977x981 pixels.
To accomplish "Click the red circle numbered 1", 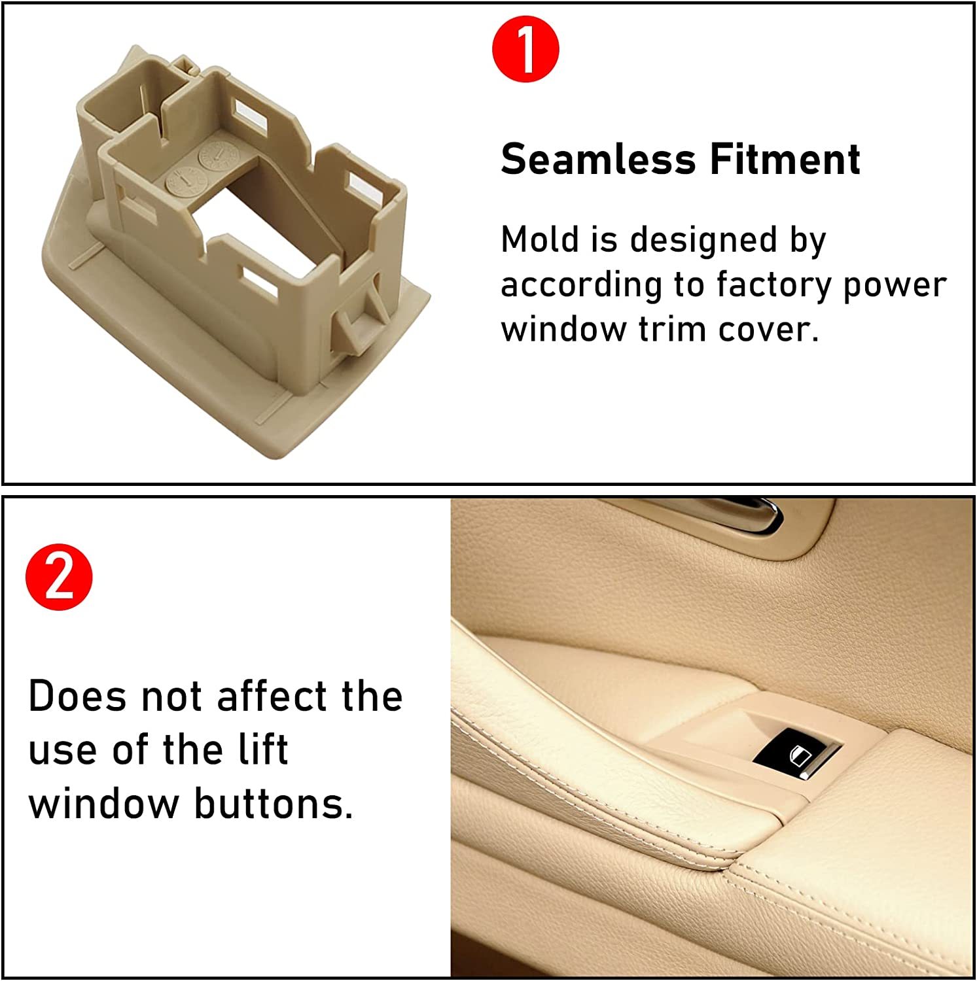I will click(x=525, y=49).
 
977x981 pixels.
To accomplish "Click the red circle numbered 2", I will click(x=59, y=577).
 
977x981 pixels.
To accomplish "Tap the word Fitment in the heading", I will click(x=785, y=160).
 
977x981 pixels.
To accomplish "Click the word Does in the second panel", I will click(x=77, y=696).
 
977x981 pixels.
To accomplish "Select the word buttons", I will click(x=274, y=803).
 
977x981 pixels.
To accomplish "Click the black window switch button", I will click(x=795, y=753).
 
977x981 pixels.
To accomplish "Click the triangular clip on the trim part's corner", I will click(x=357, y=320).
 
